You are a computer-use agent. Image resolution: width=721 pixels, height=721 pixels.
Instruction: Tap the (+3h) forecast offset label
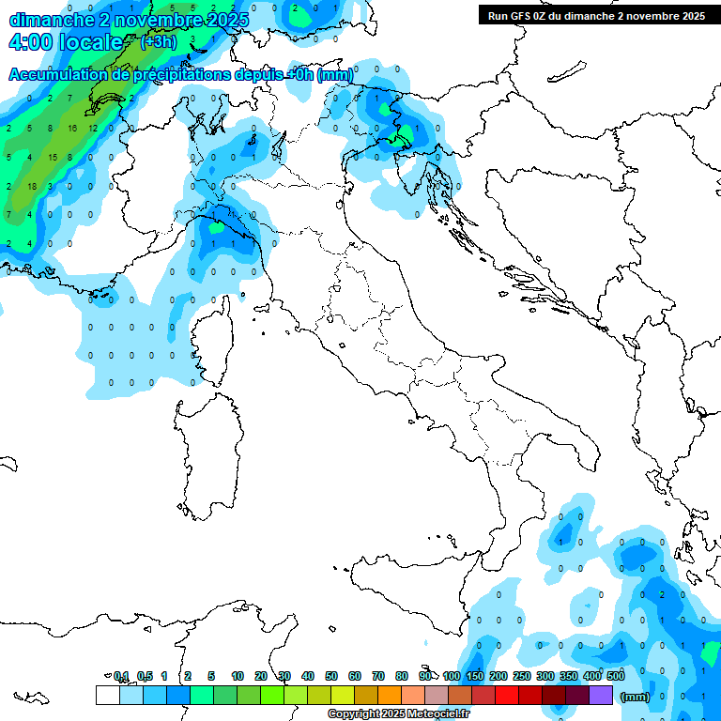coord(158,41)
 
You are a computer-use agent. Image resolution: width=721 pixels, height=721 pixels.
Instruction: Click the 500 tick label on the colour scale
coord(616,676)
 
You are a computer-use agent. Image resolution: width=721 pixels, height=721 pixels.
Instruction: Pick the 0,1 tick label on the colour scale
coord(121,676)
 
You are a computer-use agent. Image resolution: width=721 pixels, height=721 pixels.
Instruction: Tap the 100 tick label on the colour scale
coord(451,676)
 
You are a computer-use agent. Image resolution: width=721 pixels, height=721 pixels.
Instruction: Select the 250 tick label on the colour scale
coord(522,676)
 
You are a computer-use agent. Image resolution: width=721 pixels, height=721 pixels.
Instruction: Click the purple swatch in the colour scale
coord(601,695)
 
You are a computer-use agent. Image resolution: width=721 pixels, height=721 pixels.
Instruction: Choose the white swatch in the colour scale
coord(108,695)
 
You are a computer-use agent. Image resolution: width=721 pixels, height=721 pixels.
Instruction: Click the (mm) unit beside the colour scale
coord(636,697)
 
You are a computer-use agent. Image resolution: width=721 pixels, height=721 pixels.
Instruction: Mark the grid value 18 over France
coord(31,186)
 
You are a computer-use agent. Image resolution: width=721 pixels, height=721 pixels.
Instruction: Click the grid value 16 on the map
coord(72,128)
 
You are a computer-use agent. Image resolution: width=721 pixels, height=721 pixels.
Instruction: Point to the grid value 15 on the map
coord(53,157)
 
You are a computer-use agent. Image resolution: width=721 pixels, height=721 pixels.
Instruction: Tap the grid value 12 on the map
coord(93,128)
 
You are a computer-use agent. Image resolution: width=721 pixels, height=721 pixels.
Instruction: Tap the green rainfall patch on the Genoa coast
coord(216,226)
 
